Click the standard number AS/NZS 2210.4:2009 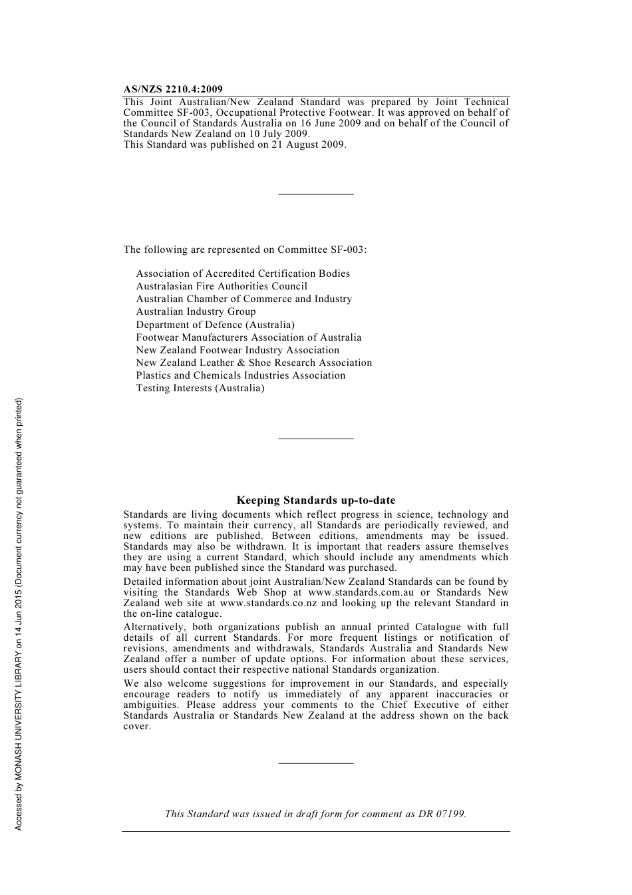(173, 89)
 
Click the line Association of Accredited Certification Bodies (243, 273)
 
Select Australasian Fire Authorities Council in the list (222, 286)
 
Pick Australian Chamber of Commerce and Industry (244, 299)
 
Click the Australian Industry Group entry (196, 311)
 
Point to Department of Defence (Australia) (215, 325)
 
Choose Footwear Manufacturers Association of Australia (249, 337)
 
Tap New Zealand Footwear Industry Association (237, 350)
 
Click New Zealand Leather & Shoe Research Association (254, 363)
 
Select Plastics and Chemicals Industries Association (241, 375)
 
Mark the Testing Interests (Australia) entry (200, 388)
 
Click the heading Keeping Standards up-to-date (316, 500)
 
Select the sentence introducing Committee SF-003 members (245, 250)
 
